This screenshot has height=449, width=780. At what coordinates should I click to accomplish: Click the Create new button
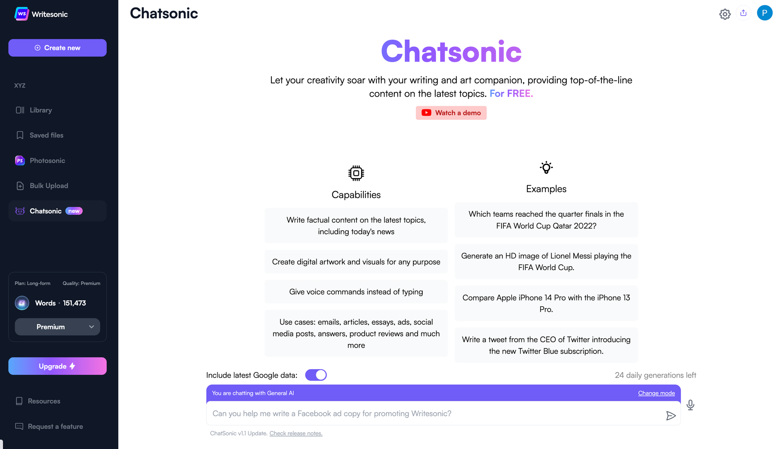coord(57,48)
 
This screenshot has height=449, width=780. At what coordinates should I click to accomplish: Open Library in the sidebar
coord(40,110)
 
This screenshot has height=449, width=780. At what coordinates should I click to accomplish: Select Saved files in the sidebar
coord(46,135)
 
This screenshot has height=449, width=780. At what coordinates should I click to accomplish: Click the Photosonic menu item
coord(47,161)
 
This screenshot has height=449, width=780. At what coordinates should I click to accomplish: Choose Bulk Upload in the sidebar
coord(48,186)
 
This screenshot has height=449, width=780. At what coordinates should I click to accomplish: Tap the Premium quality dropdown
coord(57,327)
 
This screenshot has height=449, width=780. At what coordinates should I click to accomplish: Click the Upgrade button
coord(57,366)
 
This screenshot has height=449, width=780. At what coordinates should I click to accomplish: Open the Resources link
coord(44,401)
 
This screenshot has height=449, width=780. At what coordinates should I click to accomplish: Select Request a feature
coord(55,426)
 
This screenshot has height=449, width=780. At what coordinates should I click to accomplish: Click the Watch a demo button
coord(451,113)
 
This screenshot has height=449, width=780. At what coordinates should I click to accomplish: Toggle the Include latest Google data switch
coord(316,375)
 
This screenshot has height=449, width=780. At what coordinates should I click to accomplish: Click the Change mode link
coord(656,393)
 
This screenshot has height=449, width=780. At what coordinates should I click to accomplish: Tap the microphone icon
coord(690,405)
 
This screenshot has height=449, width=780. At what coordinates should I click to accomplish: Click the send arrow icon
coord(671,416)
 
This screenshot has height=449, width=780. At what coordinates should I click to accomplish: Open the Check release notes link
coord(296,433)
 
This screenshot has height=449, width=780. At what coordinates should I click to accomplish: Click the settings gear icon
coord(725,14)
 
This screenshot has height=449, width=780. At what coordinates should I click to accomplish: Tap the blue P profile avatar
coord(764,13)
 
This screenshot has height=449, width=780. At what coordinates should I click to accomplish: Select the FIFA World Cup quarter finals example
coord(546,220)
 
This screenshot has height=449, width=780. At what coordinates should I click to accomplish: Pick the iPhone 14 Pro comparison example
coord(546,303)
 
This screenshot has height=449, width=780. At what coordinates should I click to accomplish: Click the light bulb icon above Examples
coord(546,168)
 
